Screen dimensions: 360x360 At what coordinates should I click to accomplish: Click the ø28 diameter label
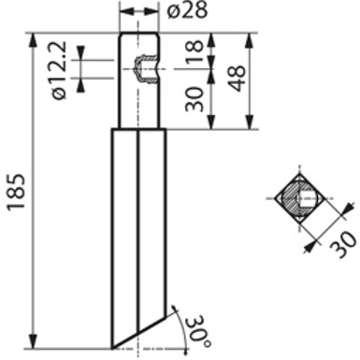tap(187, 10)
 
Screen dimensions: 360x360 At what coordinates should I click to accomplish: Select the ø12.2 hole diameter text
tap(58, 70)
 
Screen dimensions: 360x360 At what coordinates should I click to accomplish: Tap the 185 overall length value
tap(16, 192)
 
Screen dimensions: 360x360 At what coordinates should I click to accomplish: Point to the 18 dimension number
tap(194, 51)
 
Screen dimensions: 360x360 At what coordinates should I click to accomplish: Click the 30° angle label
tap(198, 332)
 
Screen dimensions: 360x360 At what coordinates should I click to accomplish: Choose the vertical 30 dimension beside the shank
tap(194, 99)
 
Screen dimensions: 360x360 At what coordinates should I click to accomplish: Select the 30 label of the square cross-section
tap(342, 245)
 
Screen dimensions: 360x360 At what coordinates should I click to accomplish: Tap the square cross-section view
tap(300, 198)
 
